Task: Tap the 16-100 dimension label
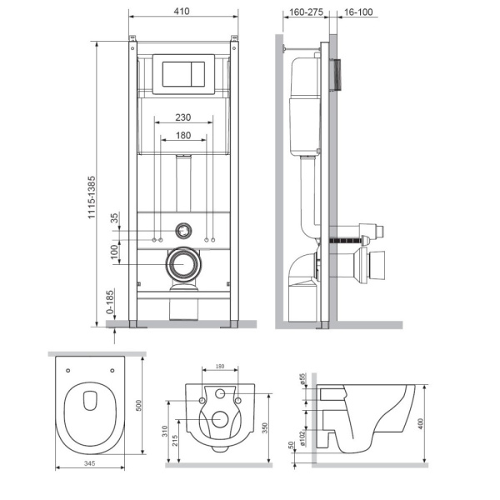coord(359,13)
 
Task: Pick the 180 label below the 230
coord(184,134)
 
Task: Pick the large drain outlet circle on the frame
coord(183,265)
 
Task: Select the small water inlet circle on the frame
coord(183,231)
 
